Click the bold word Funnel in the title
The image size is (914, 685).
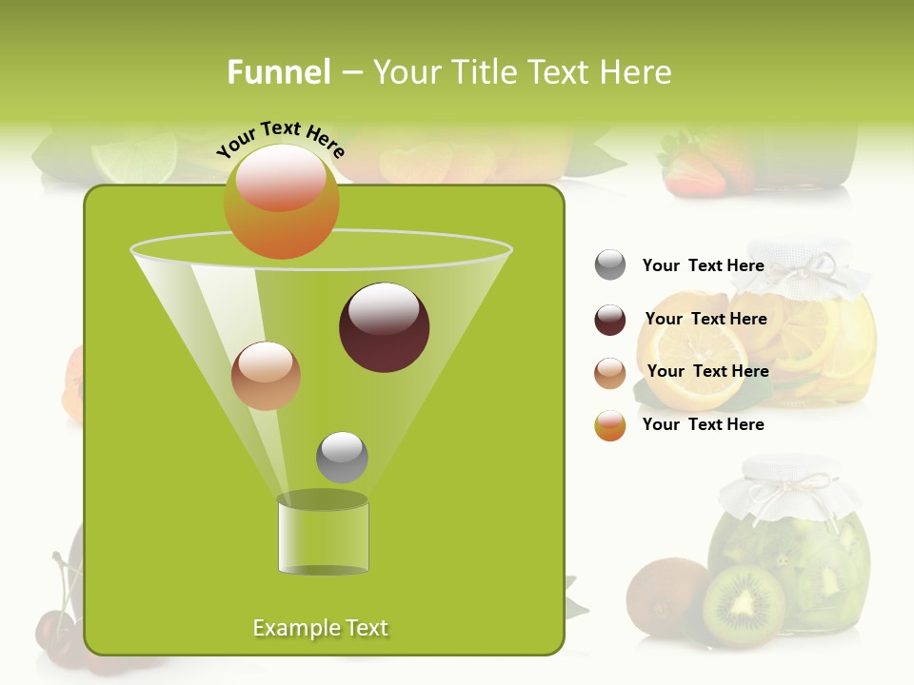pos(279,71)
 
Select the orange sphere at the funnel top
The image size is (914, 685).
pos(281,201)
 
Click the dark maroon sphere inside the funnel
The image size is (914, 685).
pos(384,326)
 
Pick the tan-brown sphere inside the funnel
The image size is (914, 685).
pos(266,376)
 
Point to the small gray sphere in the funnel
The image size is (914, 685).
pos(342,457)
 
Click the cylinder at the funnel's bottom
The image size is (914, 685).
pos(323,535)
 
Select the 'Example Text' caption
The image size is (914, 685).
pos(321,628)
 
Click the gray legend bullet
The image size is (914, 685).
pos(610,265)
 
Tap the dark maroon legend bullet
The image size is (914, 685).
pos(610,320)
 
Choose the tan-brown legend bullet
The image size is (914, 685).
pos(610,372)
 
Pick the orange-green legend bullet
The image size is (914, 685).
pos(610,424)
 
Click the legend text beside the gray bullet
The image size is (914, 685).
pos(704,265)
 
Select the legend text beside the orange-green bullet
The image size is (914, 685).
pos(704,424)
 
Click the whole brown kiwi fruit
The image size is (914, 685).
pos(664,597)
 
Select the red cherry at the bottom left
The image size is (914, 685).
pos(54,632)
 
